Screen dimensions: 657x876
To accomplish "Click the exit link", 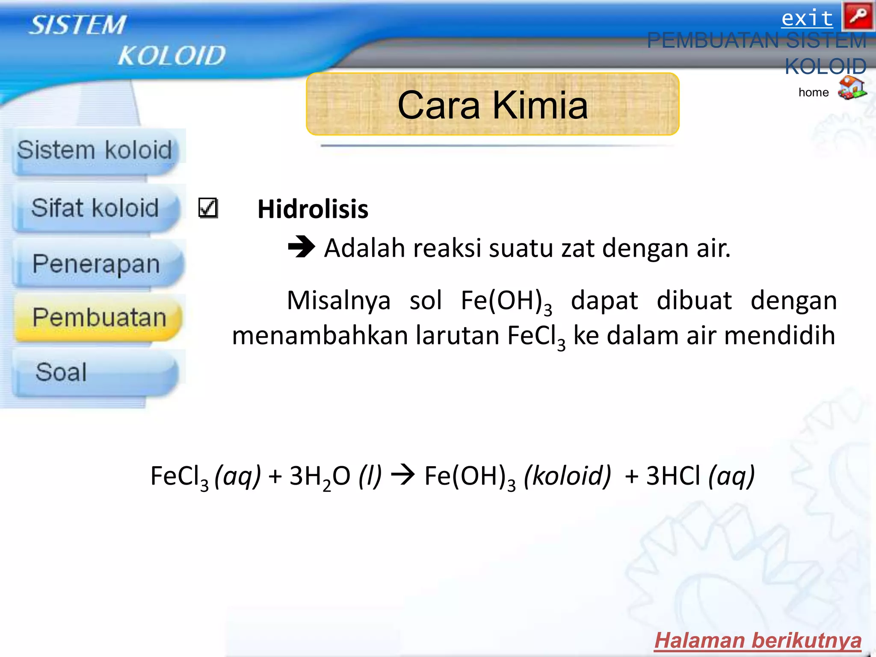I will click(807, 19).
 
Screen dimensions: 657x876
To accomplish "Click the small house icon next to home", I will click(852, 88).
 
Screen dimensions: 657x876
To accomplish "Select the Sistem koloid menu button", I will click(95, 151).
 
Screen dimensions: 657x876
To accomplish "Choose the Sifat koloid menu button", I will click(95, 208).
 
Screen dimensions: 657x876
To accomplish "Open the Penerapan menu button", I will click(96, 264).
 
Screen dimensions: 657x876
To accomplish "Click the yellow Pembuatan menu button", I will click(98, 318).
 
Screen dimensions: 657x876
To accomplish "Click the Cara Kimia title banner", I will click(492, 105).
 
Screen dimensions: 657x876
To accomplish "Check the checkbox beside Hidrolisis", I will click(208, 208).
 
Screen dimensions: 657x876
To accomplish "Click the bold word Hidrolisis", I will click(313, 209).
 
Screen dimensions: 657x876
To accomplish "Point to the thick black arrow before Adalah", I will click(301, 247).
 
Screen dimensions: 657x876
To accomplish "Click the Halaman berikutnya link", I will click(758, 641).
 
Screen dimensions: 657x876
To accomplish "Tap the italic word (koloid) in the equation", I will click(568, 476).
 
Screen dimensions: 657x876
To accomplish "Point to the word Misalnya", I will click(338, 300).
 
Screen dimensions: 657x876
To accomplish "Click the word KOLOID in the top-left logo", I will click(172, 56).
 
